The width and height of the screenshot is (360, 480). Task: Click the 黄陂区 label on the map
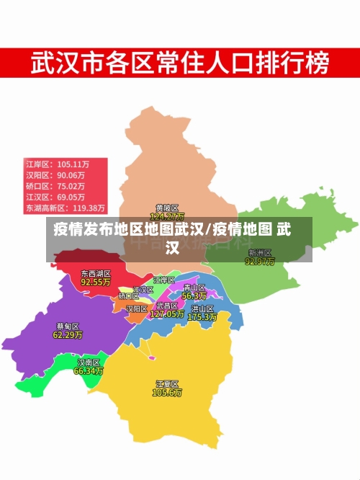166,208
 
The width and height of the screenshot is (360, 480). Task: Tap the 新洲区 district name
260,253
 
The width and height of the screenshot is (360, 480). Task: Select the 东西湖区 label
95,274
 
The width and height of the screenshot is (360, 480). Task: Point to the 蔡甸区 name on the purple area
68,326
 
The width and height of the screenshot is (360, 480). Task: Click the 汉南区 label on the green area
89,363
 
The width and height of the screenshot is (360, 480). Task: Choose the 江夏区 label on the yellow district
167,383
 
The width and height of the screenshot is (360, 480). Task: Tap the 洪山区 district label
202,308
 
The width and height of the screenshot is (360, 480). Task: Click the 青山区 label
194,288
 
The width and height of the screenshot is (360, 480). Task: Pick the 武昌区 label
167,306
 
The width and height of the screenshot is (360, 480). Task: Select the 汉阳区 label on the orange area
137,308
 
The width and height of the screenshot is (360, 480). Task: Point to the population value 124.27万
167,216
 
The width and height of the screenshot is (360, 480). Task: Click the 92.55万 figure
95,283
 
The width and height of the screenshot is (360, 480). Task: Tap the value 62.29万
68,334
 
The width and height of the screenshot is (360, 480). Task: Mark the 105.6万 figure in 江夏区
167,393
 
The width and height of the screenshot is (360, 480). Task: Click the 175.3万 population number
202,316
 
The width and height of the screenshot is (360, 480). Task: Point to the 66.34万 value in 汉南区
89,371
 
